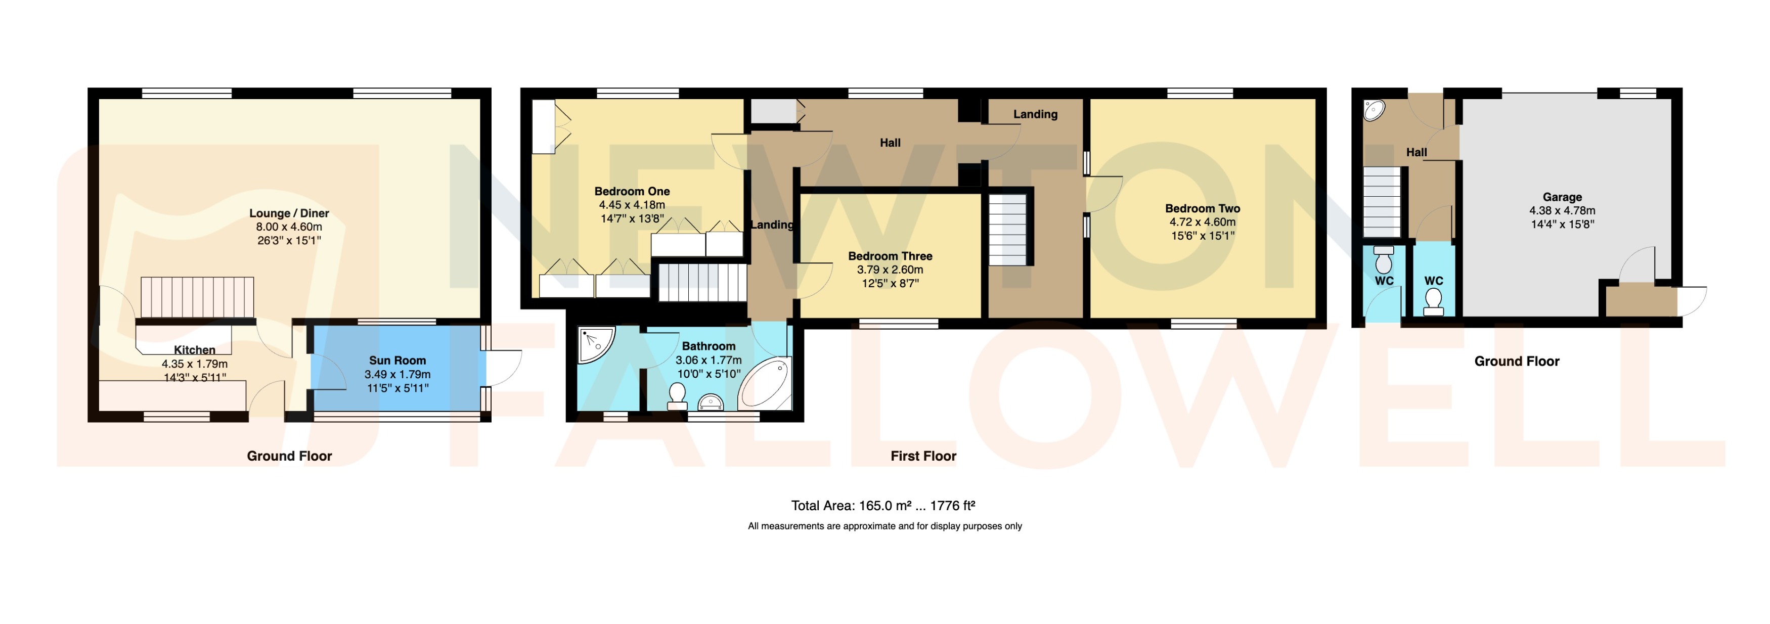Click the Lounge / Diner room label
pyautogui.click(x=289, y=213)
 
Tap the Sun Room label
pyautogui.click(x=397, y=360)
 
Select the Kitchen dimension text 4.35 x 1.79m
pyautogui.click(x=195, y=364)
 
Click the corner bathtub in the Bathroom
pyautogui.click(x=764, y=383)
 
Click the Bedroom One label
pyautogui.click(x=632, y=191)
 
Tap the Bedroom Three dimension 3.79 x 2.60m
pyautogui.click(x=890, y=270)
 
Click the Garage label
pyautogui.click(x=1562, y=197)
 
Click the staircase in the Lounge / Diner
pyautogui.click(x=197, y=297)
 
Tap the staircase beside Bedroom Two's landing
pyautogui.click(x=1007, y=230)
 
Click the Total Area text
pyautogui.click(x=883, y=506)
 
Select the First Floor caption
pyautogui.click(x=923, y=456)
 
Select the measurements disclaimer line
pyautogui.click(x=884, y=526)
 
